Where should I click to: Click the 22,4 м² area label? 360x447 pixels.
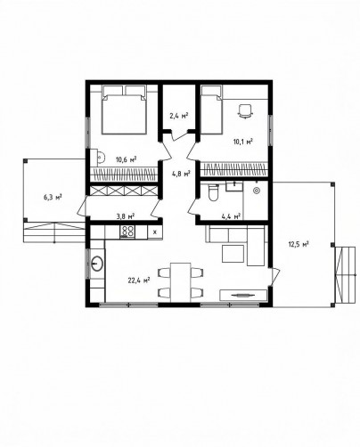point(139,280)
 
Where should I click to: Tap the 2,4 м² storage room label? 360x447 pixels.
point(179,116)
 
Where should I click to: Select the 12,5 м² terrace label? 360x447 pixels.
point(299,244)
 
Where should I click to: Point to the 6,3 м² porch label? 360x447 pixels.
point(53,197)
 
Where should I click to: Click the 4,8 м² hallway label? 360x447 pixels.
point(181,174)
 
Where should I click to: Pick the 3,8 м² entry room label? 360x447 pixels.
point(125,215)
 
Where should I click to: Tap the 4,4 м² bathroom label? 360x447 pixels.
point(231,216)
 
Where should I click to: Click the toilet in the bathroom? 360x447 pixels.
point(213,192)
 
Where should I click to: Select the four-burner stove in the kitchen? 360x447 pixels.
point(127,232)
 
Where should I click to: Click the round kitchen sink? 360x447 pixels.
point(97,263)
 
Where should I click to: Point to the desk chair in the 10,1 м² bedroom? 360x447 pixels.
point(245,112)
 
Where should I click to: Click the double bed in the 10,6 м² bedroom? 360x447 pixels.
point(124,110)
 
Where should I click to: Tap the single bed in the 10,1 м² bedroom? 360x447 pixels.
point(211,110)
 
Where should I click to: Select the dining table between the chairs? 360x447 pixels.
point(181,281)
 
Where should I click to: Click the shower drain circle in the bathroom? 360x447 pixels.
point(256,191)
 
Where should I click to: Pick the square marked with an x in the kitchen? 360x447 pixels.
point(155,232)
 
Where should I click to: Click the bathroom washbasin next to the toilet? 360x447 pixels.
point(234,186)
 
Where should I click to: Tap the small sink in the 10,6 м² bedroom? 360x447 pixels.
point(100,157)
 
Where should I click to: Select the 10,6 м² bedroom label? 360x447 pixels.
point(127,160)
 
